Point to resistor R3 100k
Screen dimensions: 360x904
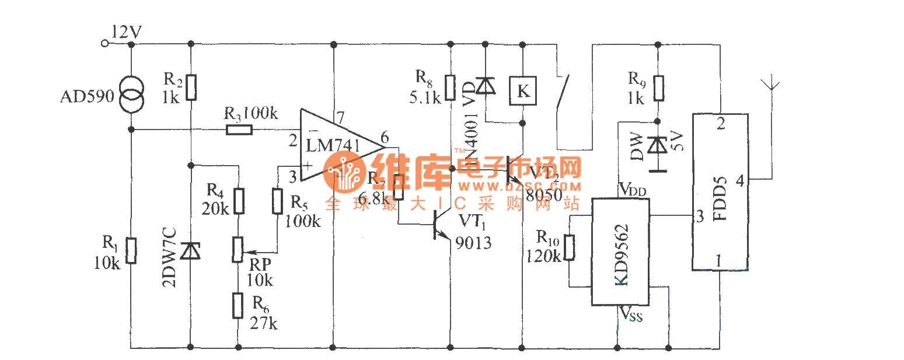(239, 129)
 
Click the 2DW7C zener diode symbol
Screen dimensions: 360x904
(190, 251)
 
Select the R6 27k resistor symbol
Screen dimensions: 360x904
(238, 305)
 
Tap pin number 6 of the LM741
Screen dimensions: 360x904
(384, 138)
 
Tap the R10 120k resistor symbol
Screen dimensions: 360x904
(570, 247)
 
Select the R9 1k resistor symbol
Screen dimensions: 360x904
(658, 88)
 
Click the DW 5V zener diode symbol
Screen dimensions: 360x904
(658, 145)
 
